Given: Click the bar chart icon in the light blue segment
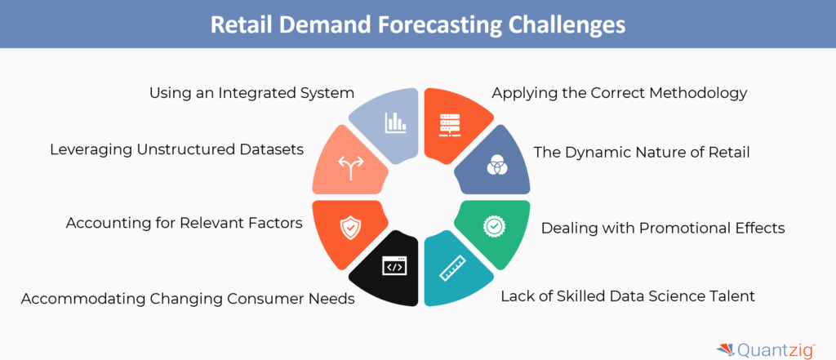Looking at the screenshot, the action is click(x=396, y=122).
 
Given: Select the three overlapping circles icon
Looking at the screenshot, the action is click(x=497, y=167).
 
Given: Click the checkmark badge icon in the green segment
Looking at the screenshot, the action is click(x=494, y=226).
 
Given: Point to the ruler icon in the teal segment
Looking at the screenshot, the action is click(x=452, y=269).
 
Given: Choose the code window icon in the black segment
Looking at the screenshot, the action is click(x=394, y=266).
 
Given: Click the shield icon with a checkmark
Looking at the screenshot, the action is click(x=350, y=229).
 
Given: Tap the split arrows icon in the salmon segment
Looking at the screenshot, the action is click(x=350, y=168).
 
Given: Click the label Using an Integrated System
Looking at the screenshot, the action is click(x=251, y=93).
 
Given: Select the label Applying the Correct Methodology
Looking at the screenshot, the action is click(x=619, y=94).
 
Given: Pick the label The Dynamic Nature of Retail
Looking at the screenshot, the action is click(x=642, y=153).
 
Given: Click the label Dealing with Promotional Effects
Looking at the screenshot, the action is click(x=663, y=229).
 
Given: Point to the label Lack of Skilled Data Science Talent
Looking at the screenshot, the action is click(x=628, y=296).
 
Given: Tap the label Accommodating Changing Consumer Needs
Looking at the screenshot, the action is click(x=188, y=300).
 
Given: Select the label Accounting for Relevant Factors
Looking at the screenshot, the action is click(x=184, y=223).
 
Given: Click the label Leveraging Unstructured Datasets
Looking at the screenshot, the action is click(x=177, y=150).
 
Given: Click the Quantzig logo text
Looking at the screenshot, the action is click(x=776, y=350).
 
